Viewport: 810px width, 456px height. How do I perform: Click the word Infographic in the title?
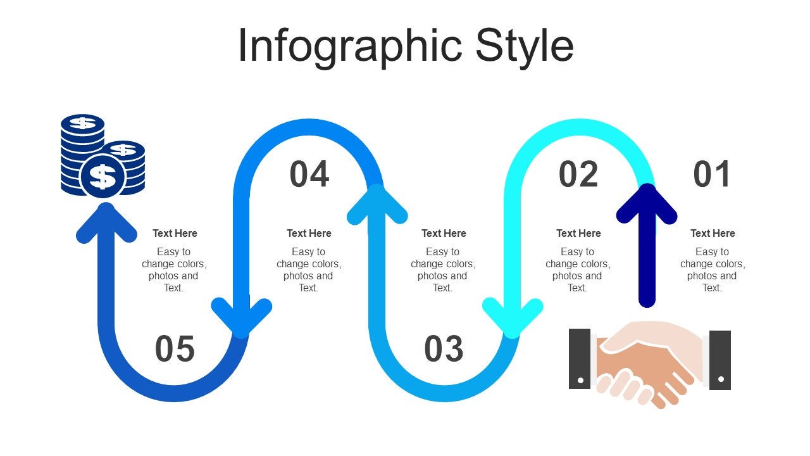coord(350,46)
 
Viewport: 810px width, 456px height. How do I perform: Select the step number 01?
coord(712,174)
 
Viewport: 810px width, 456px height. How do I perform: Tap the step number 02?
coord(578,174)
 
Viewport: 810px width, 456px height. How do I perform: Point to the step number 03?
coord(444,349)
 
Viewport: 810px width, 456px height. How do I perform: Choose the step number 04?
coord(309,174)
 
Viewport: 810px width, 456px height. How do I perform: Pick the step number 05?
coord(175,349)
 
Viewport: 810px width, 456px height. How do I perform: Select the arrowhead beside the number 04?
coord(377,204)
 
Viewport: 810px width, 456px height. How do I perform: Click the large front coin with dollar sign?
coord(103,176)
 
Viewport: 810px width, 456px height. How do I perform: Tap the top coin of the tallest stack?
coord(82,122)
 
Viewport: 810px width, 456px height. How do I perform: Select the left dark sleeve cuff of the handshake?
coord(580,358)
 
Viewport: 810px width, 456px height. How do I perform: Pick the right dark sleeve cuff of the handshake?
coord(720,360)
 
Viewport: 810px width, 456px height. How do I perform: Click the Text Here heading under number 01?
coord(713,233)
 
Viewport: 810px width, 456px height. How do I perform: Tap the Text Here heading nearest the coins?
coord(175,233)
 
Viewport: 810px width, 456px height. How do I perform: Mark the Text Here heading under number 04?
coord(309,233)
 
